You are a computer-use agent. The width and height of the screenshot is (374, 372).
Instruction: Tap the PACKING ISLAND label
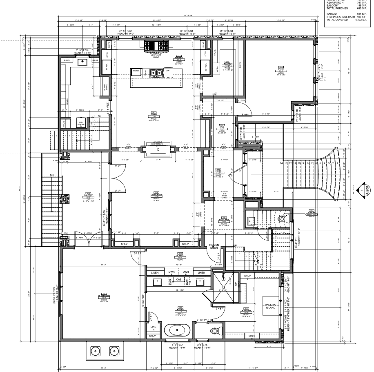pos(270,306)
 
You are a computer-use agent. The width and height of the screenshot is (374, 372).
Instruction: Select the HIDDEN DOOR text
pos(214,246)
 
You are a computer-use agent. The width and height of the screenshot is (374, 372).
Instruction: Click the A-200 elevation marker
pos(362,189)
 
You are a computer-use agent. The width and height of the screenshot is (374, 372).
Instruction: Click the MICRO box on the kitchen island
pos(136,71)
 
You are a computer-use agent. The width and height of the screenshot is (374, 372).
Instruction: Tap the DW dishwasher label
pos(168,71)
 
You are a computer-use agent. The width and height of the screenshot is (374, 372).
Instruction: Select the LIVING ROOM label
pos(156,195)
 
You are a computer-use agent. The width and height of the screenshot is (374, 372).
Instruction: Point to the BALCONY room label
pos(89,195)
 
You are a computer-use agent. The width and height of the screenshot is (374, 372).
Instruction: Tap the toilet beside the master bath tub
pos(214,330)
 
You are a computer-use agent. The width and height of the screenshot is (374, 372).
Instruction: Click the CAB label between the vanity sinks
pos(178,279)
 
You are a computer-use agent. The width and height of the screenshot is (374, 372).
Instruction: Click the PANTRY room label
pos(228,64)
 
